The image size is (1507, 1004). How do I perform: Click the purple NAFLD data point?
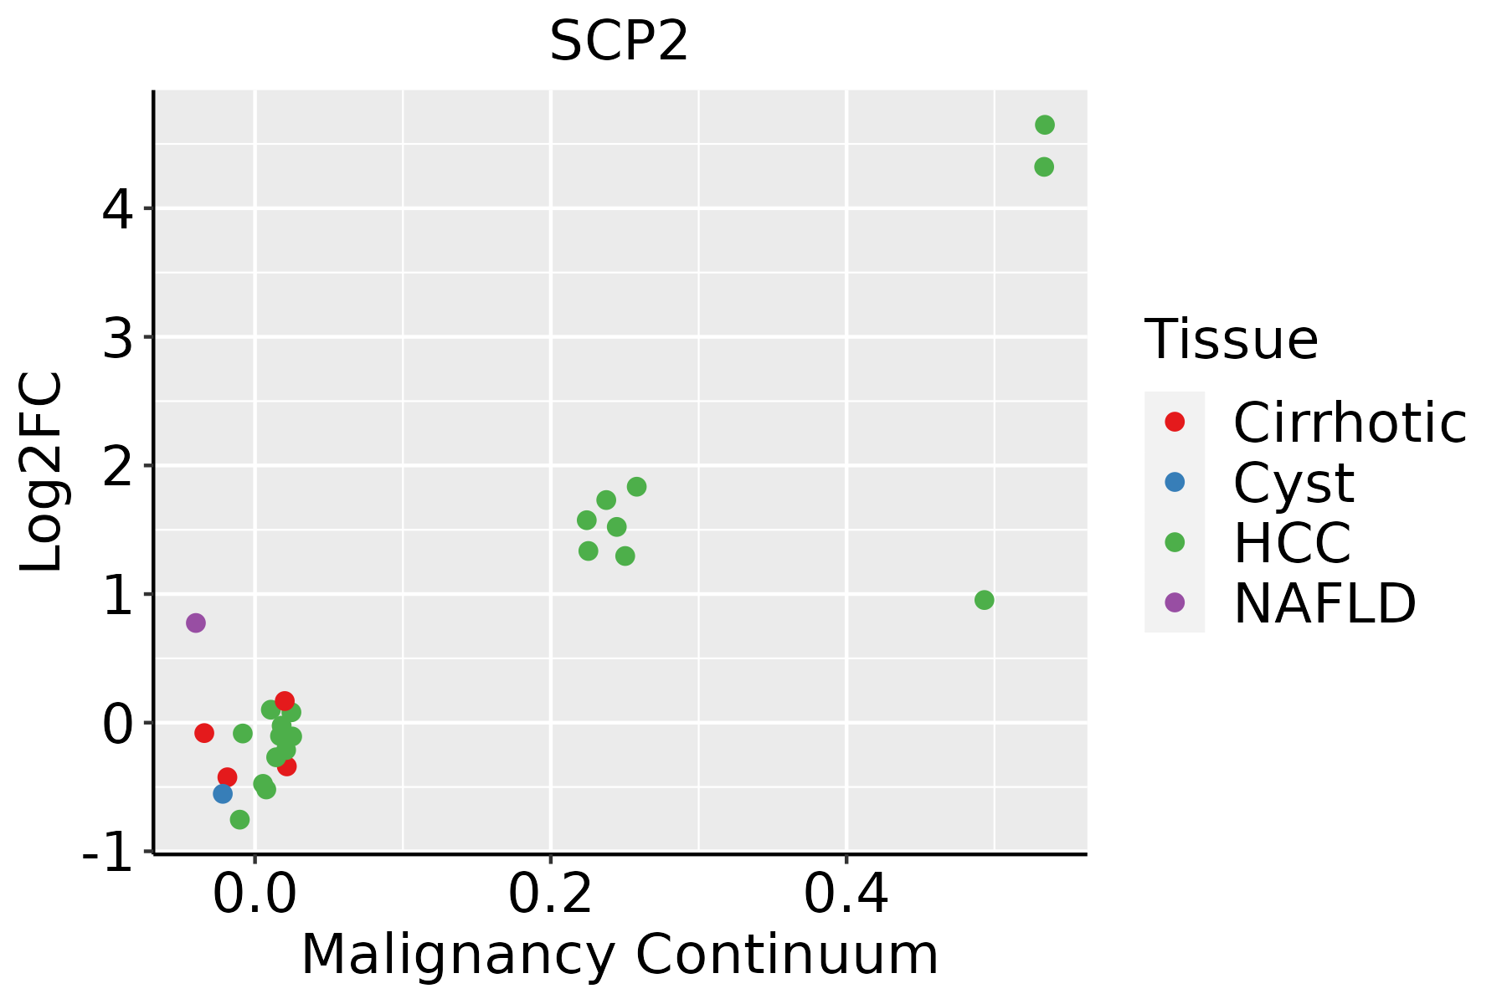pyautogui.click(x=196, y=622)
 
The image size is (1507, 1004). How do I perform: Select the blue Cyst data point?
pyautogui.click(x=223, y=793)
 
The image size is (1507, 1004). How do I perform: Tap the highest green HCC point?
pyautogui.click(x=1045, y=125)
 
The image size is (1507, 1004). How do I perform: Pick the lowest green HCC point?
pyautogui.click(x=240, y=819)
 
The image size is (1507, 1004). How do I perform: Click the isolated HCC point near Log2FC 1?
pyautogui.click(x=985, y=600)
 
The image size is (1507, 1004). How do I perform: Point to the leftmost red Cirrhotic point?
pyautogui.click(x=204, y=733)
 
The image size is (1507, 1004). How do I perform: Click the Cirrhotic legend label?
pyautogui.click(x=1350, y=423)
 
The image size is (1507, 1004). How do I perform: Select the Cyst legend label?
pyautogui.click(x=1294, y=483)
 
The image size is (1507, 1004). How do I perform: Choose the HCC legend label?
pyautogui.click(x=1292, y=543)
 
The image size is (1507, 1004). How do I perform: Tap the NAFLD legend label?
pyautogui.click(x=1324, y=603)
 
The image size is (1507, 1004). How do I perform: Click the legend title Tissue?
pyautogui.click(x=1232, y=339)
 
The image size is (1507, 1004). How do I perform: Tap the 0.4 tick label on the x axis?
pyautogui.click(x=846, y=895)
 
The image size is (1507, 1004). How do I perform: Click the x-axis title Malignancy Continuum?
pyautogui.click(x=620, y=955)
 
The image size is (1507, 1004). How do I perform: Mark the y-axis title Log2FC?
pyautogui.click(x=42, y=472)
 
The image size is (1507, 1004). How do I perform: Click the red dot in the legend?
pyautogui.click(x=1175, y=422)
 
